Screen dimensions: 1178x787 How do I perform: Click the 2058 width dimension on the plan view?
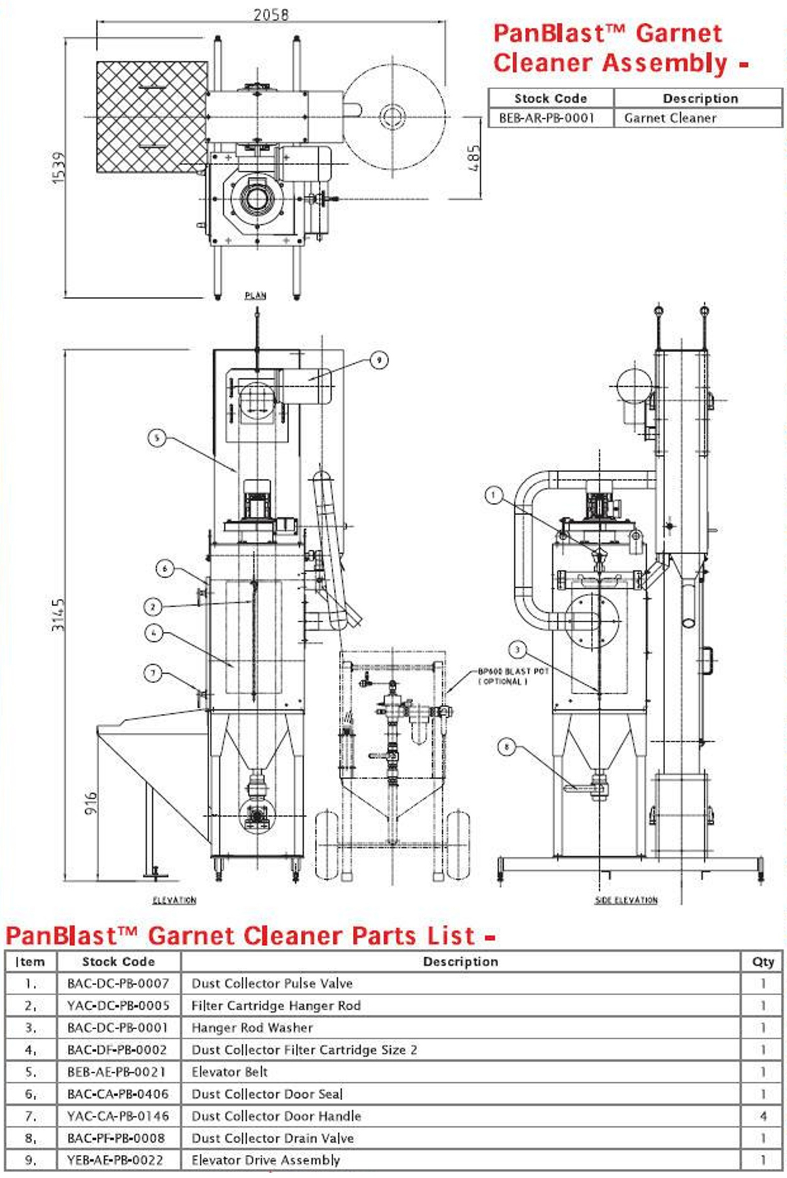pyautogui.click(x=271, y=14)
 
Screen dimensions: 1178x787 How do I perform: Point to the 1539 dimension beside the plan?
pyautogui.click(x=58, y=167)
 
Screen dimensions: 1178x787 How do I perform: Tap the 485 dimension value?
pyautogui.click(x=474, y=158)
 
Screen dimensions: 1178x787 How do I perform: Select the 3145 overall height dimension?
pyautogui.click(x=58, y=614)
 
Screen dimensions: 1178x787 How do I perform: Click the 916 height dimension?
pyautogui.click(x=91, y=802)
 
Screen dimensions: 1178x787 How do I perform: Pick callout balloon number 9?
pyautogui.click(x=378, y=359)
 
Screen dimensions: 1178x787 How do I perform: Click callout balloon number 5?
pyautogui.click(x=157, y=438)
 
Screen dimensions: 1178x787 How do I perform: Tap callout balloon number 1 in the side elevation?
pyautogui.click(x=494, y=495)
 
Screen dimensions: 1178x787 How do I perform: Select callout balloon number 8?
pyautogui.click(x=506, y=747)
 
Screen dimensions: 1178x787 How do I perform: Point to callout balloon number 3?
pyautogui.click(x=517, y=650)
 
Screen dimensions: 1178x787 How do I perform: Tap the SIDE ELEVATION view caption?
pyautogui.click(x=626, y=900)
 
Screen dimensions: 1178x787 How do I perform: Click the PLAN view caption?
pyautogui.click(x=255, y=295)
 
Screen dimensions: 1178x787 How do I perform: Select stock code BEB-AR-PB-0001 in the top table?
pyautogui.click(x=546, y=118)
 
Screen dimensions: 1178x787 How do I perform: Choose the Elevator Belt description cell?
pyautogui.click(x=230, y=1072)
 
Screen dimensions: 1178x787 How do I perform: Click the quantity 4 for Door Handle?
pyautogui.click(x=763, y=1116)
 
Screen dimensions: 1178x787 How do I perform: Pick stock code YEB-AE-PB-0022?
pyautogui.click(x=115, y=1160)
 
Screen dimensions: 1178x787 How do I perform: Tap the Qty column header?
pyautogui.click(x=763, y=962)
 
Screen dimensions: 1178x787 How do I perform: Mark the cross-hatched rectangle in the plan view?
pyautogui.click(x=152, y=117)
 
